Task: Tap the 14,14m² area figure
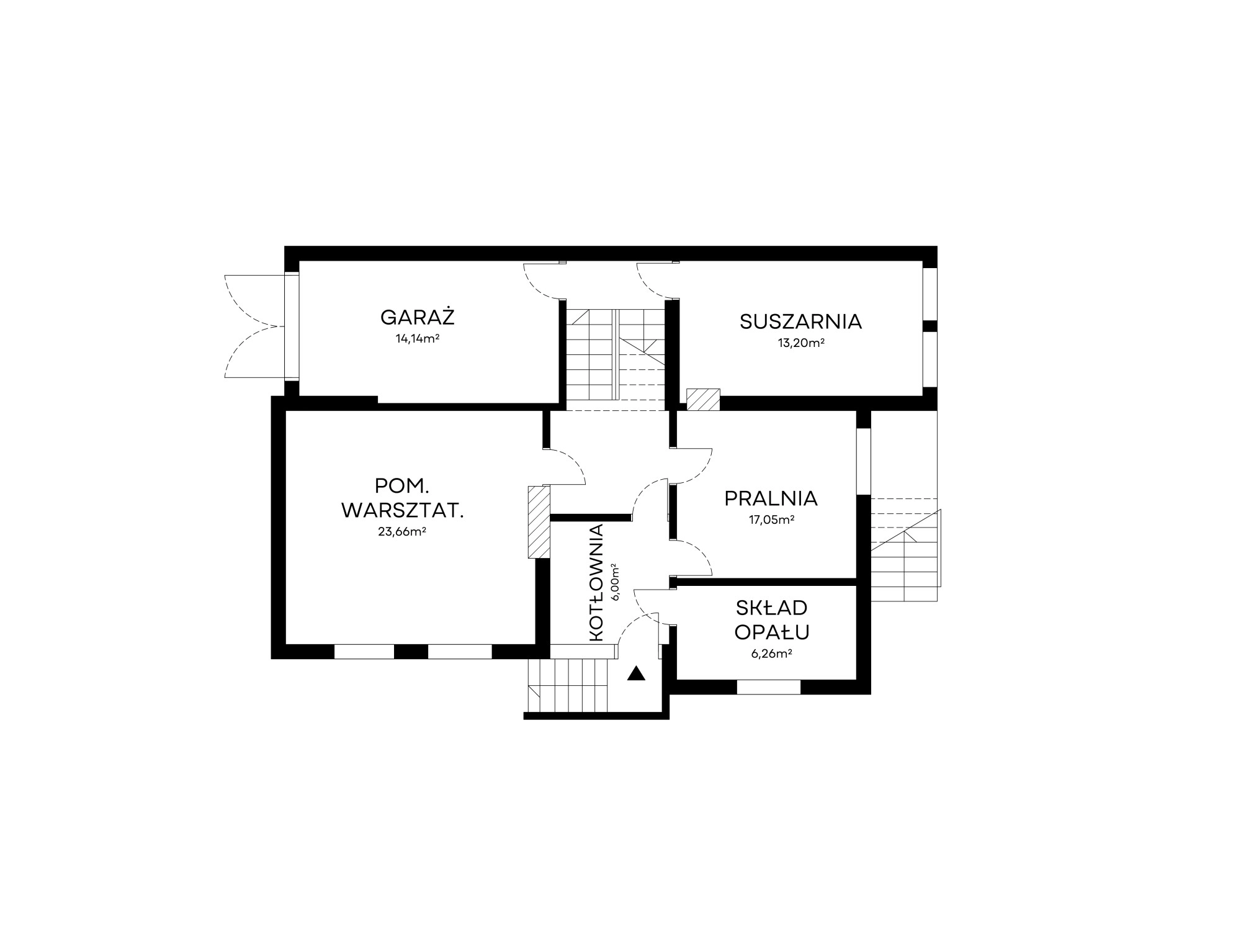click(418, 339)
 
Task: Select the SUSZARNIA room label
click(800, 322)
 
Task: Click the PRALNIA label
click(771, 498)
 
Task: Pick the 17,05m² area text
click(772, 520)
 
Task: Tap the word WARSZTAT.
click(403, 511)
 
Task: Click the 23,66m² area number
click(402, 531)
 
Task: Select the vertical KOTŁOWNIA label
click(596, 583)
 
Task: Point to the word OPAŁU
click(772, 632)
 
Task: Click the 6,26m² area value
click(771, 653)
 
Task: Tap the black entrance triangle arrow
click(636, 673)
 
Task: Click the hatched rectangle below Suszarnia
click(703, 399)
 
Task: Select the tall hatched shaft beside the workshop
click(539, 522)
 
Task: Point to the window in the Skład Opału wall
click(768, 687)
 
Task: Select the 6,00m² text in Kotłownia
click(616, 582)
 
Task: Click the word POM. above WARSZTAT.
click(402, 485)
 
